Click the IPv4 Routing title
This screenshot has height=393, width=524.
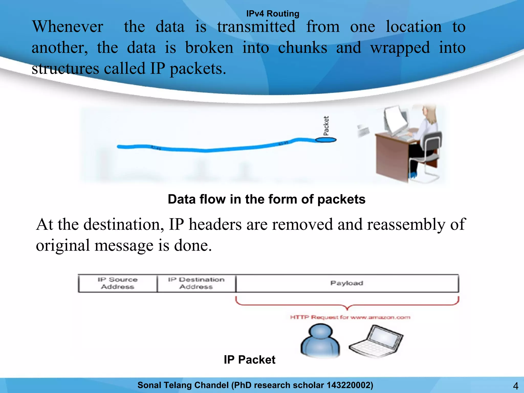point(272,14)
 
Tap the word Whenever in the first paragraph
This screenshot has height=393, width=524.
point(68,27)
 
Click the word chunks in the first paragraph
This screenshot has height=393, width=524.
point(302,48)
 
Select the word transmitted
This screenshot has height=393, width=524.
point(256,27)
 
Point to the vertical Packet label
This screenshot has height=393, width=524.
point(326,126)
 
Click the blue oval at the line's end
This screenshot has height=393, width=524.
point(325,140)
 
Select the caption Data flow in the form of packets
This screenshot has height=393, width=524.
point(266,199)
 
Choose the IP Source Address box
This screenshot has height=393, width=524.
point(117,283)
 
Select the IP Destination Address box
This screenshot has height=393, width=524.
point(196,283)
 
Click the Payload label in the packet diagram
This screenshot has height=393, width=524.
point(347,283)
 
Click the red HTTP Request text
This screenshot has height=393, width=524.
point(350,318)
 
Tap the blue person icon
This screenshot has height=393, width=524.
point(320,341)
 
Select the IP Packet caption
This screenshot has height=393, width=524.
point(249,360)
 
